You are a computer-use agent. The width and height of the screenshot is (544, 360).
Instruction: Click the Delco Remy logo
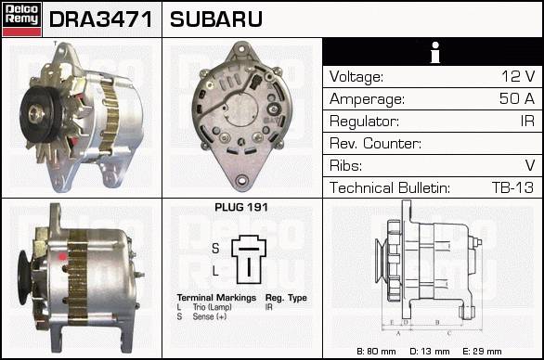[x=21, y=19]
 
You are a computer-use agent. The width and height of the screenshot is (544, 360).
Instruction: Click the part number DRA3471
[x=101, y=19]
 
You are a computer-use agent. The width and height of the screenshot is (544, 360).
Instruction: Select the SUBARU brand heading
[x=216, y=19]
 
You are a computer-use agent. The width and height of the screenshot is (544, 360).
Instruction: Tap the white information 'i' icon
[x=435, y=52]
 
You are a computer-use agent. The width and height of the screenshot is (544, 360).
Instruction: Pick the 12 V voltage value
[x=518, y=76]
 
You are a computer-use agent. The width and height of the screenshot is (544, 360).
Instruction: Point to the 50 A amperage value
[x=517, y=98]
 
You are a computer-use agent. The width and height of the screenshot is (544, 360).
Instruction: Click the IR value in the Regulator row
[x=527, y=121]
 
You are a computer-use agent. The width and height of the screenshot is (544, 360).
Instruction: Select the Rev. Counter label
[x=375, y=143]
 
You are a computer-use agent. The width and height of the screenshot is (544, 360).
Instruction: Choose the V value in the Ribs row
[x=530, y=165]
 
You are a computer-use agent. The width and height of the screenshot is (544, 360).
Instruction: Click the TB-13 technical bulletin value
[x=512, y=187]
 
